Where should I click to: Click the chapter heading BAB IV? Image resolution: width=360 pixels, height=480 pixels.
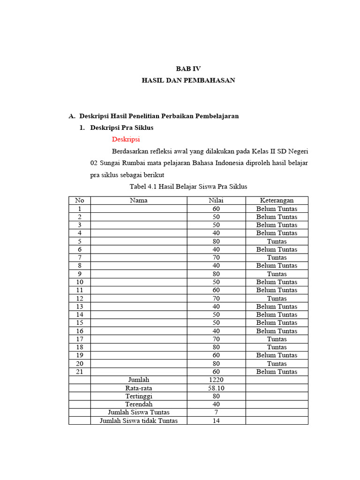tap(188, 68)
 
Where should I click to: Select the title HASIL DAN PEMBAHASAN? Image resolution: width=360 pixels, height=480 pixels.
tap(188, 80)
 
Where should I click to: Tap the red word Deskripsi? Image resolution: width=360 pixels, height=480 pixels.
tap(126, 139)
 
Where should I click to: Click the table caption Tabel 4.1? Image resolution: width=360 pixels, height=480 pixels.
tap(188, 187)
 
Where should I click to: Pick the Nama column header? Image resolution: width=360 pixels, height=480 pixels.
tap(139, 200)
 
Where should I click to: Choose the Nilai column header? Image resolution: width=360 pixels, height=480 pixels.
tap(216, 200)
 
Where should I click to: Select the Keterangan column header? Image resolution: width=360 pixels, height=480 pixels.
tap(277, 200)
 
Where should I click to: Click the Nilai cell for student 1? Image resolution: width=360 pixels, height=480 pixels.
tap(216, 209)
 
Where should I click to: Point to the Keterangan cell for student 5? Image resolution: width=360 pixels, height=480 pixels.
tap(277, 241)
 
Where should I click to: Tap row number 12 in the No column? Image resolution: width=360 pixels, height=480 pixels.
tap(80, 298)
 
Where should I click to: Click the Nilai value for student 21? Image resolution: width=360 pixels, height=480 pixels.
tap(216, 372)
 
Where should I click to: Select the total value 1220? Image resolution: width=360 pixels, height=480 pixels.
tap(216, 380)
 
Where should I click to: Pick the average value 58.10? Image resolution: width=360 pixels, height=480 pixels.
tap(216, 388)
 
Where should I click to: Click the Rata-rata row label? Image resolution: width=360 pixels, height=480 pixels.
tap(139, 388)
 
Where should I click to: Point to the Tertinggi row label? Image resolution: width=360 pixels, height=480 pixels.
tap(139, 396)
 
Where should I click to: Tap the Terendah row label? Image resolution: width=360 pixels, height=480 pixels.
tap(139, 404)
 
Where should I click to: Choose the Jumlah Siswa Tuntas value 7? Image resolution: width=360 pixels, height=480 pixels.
tap(216, 412)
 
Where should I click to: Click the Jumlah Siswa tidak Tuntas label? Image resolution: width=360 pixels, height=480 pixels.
tap(139, 420)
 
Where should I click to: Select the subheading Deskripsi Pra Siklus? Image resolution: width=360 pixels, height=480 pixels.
tap(122, 127)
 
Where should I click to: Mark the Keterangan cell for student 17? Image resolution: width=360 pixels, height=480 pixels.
tap(277, 339)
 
